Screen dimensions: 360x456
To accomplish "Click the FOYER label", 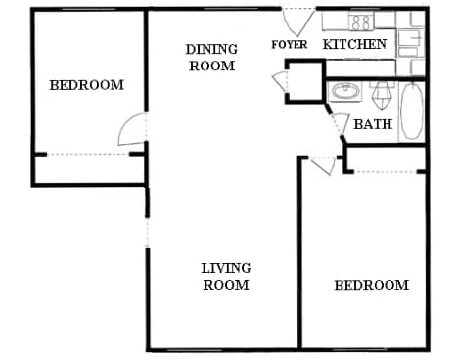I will (289, 44).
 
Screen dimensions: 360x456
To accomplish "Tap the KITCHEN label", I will (354, 44).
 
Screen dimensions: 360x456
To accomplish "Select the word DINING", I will (211, 49).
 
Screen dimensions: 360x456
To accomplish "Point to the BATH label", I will (372, 124).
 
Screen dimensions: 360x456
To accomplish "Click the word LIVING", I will (226, 268).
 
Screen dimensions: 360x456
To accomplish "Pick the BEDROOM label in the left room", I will (87, 85).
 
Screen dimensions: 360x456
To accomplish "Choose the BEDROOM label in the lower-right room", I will (371, 285).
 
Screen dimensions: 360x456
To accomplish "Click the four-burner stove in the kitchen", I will (361, 22).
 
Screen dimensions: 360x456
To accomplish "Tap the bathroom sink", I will (344, 92).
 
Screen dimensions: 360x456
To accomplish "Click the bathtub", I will (412, 110).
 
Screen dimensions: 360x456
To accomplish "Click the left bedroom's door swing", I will (133, 130).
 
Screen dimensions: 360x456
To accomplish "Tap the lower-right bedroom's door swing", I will (322, 164).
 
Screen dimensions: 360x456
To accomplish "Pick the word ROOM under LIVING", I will (227, 285).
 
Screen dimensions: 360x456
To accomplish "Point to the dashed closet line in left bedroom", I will (88, 154).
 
